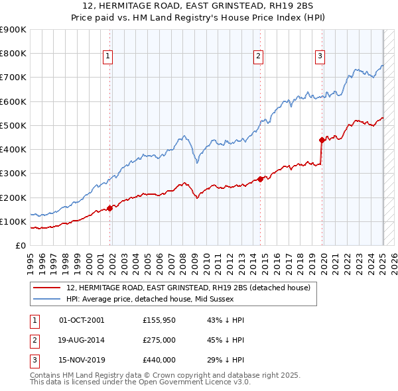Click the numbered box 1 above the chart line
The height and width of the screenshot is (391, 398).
tap(107, 57)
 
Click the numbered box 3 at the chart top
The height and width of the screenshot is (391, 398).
tap(319, 57)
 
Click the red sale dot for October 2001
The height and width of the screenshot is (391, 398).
tap(110, 208)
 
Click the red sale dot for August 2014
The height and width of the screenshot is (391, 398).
tap(261, 179)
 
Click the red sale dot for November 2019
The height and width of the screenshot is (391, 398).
tap(322, 140)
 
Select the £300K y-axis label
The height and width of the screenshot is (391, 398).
tap(13, 174)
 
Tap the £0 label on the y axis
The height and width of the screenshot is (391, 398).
tap(20, 246)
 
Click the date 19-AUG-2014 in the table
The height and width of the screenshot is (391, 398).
tap(82, 341)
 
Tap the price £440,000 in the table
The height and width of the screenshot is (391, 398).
tap(159, 361)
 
